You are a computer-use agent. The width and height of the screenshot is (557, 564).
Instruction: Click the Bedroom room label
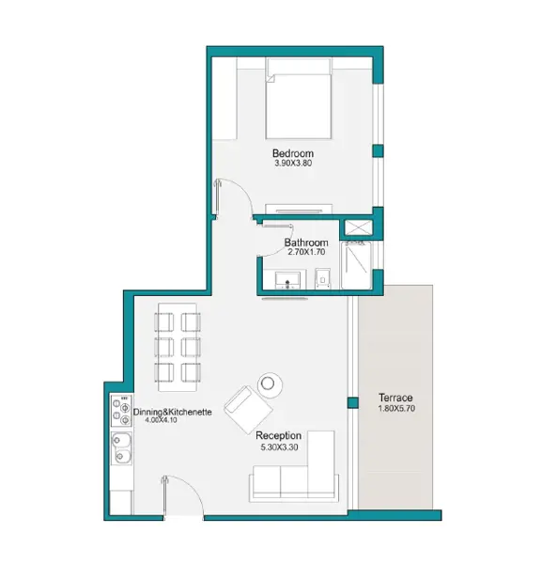[x=293, y=153]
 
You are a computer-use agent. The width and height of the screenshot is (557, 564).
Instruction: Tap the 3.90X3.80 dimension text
[x=293, y=163]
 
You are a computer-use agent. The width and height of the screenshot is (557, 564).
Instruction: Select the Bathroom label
[x=306, y=243]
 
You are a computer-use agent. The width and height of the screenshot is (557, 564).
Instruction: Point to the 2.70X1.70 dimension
[x=306, y=252]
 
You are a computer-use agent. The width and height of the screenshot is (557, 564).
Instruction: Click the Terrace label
[x=395, y=398]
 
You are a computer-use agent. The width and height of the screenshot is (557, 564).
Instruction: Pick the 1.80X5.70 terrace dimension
[x=396, y=408]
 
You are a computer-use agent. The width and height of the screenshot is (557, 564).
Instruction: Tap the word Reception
[x=278, y=435]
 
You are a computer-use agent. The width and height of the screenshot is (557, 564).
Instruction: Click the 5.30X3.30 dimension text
[x=279, y=447]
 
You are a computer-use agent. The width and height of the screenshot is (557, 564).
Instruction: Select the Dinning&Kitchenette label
[x=173, y=412]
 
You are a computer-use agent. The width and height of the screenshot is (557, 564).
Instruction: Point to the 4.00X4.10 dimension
[x=161, y=420]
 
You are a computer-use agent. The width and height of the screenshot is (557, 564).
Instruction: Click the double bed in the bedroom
[x=299, y=98]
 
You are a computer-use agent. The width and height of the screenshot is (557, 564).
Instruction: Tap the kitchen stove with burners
[x=121, y=411]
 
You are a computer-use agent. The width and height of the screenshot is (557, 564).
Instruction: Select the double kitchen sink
[x=121, y=448]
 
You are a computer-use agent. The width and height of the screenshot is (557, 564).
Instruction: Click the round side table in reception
[x=270, y=384]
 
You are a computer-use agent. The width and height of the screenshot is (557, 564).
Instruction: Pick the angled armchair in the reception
[x=248, y=409]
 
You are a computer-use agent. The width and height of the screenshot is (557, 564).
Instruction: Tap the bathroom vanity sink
[x=287, y=280]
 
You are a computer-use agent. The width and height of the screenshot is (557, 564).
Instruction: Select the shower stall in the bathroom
[x=356, y=265]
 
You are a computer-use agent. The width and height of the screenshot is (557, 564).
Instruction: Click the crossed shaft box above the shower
[x=358, y=228]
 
